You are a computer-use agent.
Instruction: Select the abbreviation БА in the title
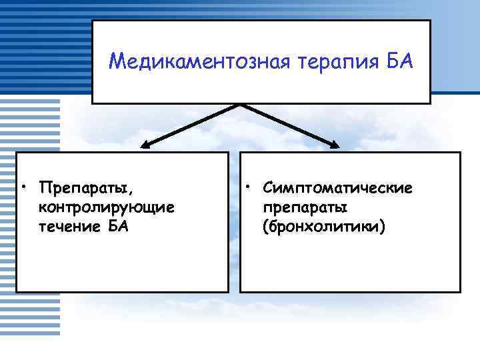397,63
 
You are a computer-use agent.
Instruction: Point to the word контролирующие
107,207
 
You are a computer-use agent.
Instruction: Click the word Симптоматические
337,187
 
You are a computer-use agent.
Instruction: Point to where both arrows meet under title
240,105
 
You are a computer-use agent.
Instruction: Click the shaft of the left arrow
193,124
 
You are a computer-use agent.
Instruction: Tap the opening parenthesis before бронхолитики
267,227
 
